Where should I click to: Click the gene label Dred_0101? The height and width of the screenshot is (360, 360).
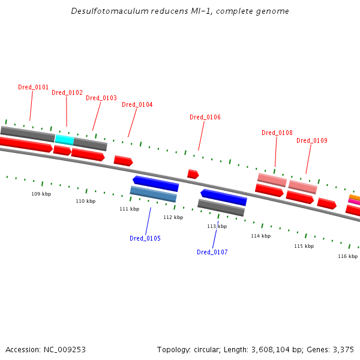pyautogui.click(x=33, y=87)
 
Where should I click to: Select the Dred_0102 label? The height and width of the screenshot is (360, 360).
pyautogui.click(x=67, y=92)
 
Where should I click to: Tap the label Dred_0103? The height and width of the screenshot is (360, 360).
pyautogui.click(x=101, y=98)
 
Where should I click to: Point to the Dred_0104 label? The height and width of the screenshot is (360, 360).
pyautogui.click(x=137, y=104)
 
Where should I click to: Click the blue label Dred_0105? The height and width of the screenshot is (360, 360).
pyautogui.click(x=145, y=238)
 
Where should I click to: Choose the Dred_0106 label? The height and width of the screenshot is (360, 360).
pyautogui.click(x=205, y=118)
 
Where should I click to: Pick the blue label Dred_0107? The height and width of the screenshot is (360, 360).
pyautogui.click(x=212, y=252)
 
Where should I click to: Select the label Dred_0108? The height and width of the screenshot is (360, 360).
pyautogui.click(x=277, y=133)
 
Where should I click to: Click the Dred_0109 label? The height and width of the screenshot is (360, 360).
pyautogui.click(x=312, y=140)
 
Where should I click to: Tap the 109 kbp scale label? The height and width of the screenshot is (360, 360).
pyautogui.click(x=41, y=194)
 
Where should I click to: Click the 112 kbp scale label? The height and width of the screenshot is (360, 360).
pyautogui.click(x=173, y=217)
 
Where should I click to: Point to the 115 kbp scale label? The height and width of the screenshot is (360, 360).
pyautogui.click(x=304, y=246)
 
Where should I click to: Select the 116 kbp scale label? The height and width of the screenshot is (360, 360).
pyautogui.click(x=347, y=256)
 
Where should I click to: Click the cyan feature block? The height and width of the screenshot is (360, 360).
pyautogui.click(x=65, y=140)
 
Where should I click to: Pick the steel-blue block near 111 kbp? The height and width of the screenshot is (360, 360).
pyautogui.click(x=154, y=194)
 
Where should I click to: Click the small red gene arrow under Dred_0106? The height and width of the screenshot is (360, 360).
pyautogui.click(x=193, y=174)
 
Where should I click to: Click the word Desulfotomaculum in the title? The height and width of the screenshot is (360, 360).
pyautogui.click(x=110, y=11)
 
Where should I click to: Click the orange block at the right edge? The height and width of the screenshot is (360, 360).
pyautogui.click(x=355, y=197)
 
